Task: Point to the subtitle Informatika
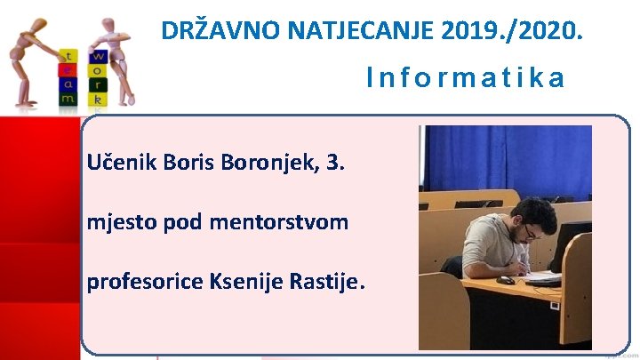point(465,79)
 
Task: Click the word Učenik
point(120,164)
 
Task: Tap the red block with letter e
point(68,69)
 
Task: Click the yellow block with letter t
point(68,55)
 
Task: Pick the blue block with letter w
point(98,57)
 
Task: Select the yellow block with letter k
point(98,100)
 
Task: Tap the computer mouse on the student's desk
point(506,279)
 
